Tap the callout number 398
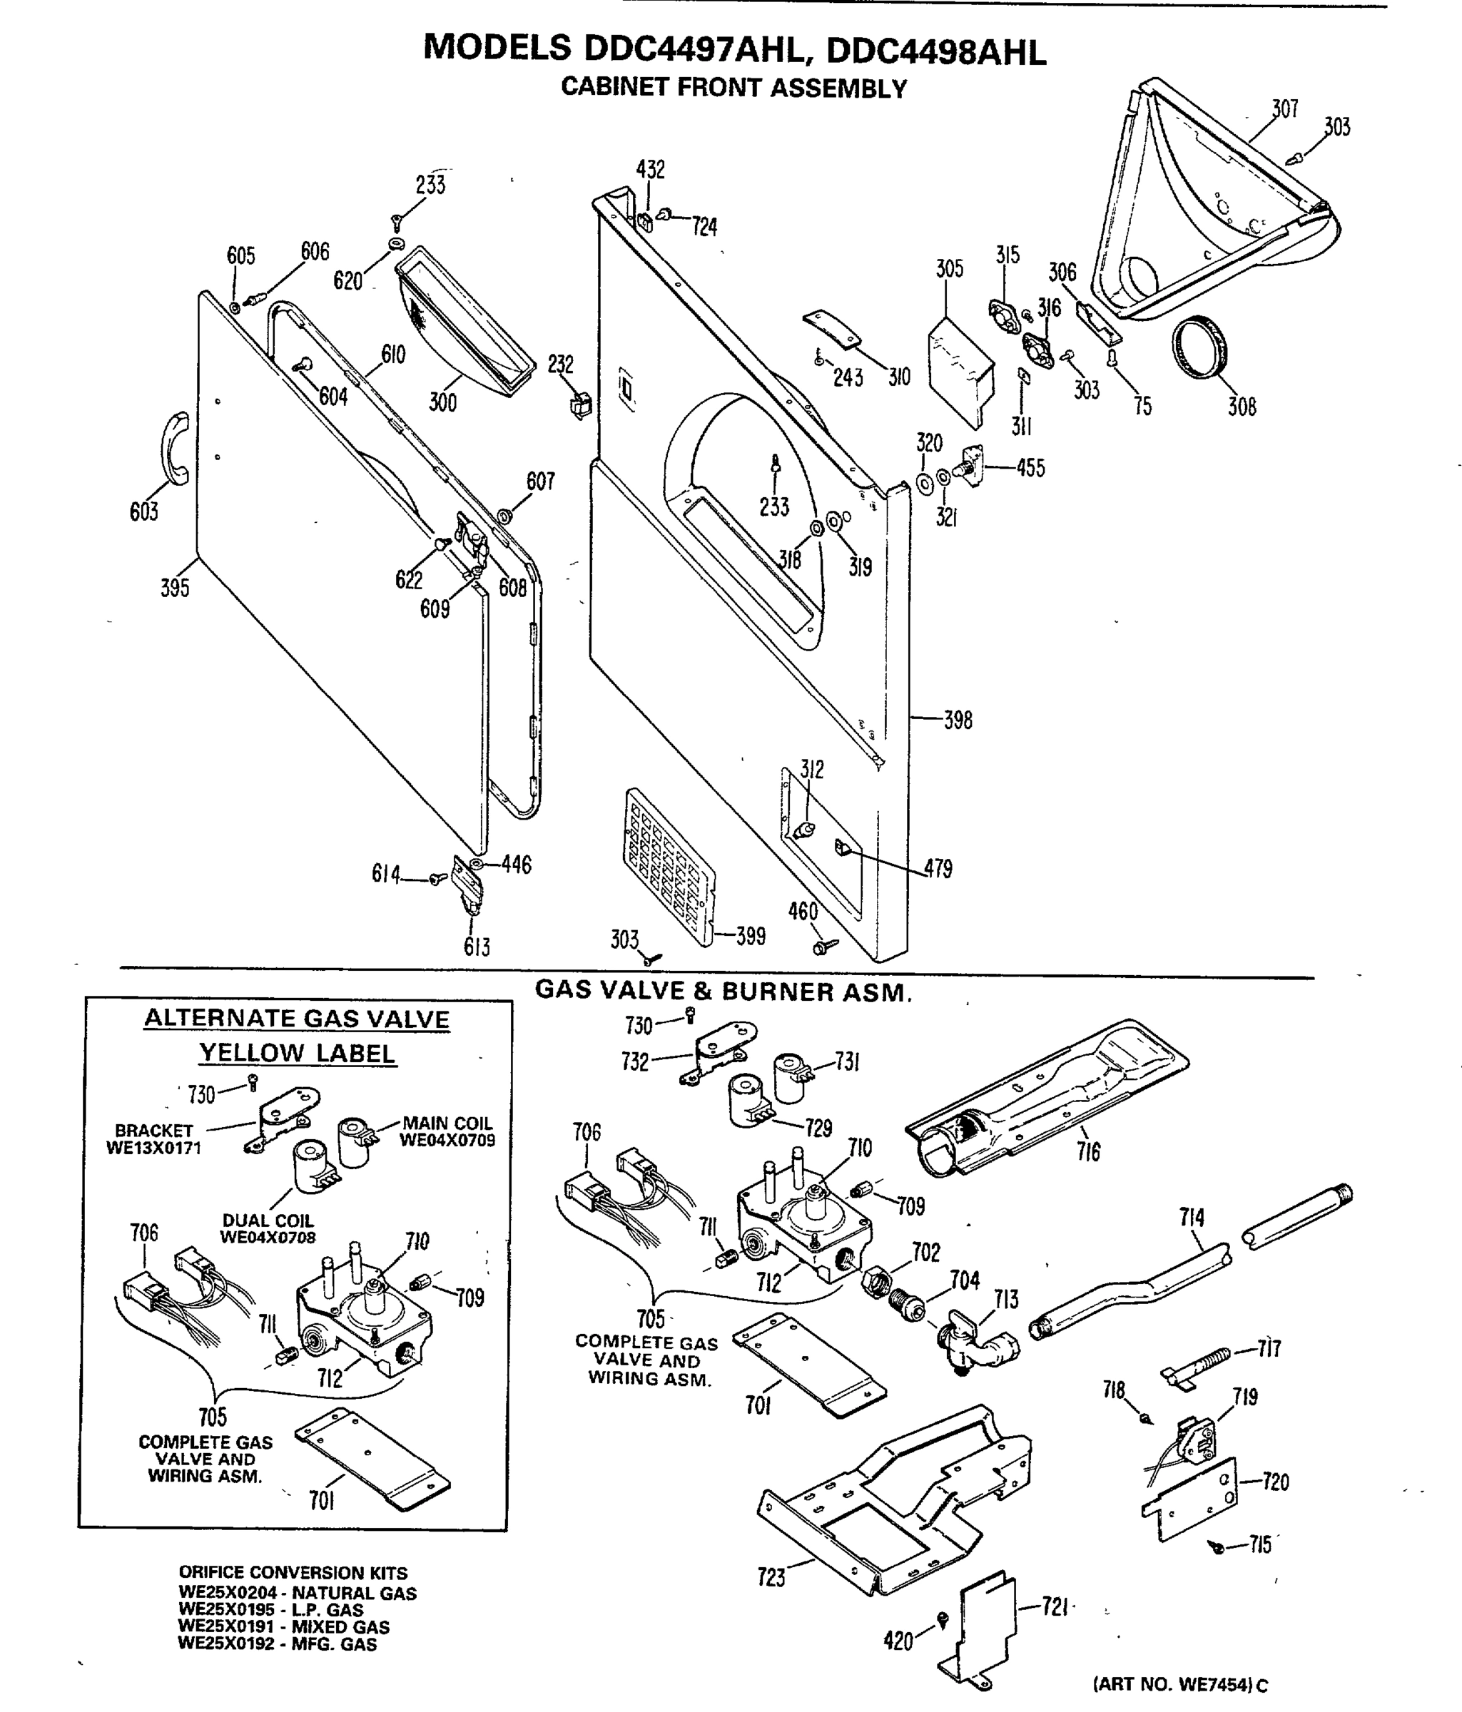[957, 720]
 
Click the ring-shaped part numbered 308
[1200, 347]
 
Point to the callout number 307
[1284, 108]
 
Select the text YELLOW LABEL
[298, 1053]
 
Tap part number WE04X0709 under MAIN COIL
[447, 1140]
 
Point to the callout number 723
[771, 1577]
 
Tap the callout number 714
[1191, 1217]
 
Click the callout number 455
[1030, 469]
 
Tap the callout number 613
[477, 947]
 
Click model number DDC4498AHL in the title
[935, 51]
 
